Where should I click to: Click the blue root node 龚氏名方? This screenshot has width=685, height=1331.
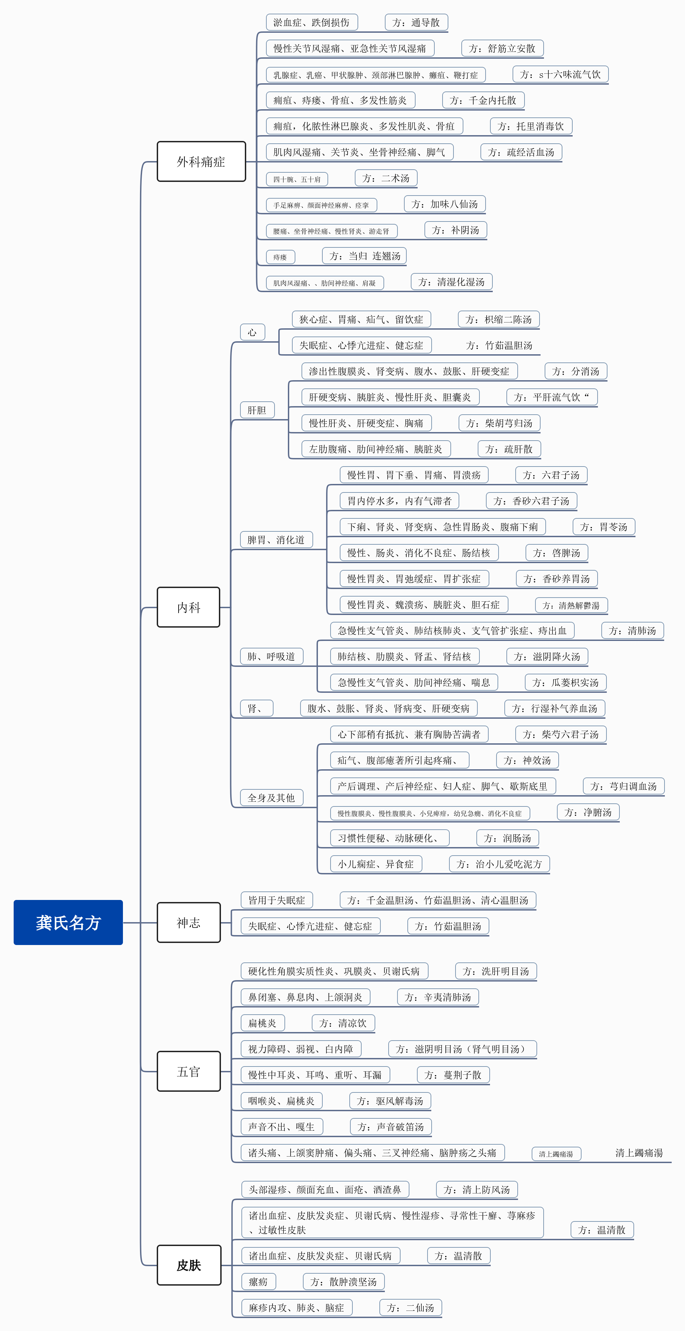[x=68, y=922]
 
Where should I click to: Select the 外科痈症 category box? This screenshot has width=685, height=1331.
[x=201, y=162]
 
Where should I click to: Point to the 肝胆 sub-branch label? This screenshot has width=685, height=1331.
[x=257, y=410]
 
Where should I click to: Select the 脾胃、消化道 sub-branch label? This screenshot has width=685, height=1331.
[x=276, y=540]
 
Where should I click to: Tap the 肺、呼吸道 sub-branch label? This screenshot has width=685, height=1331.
[x=271, y=656]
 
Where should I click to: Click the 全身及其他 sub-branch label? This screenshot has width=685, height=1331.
[x=271, y=797]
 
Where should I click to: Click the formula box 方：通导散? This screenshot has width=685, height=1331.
[x=416, y=22]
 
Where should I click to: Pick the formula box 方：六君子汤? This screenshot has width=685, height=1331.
[x=551, y=475]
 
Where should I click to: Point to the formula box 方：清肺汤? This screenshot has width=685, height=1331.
[x=632, y=630]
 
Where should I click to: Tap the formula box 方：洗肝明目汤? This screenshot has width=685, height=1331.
[x=496, y=971]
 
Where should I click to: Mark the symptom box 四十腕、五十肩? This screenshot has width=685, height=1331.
[x=297, y=179]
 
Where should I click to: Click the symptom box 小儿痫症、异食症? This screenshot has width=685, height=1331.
[x=376, y=863]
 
